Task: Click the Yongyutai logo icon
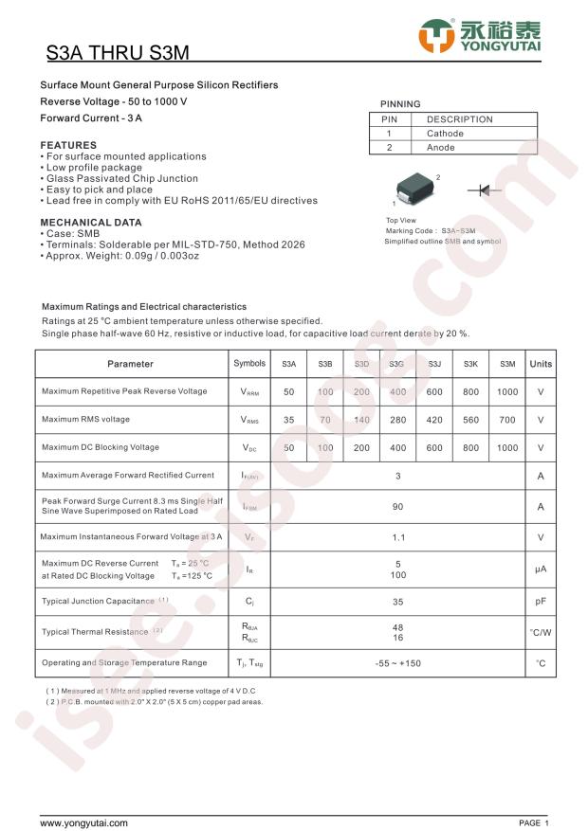437,36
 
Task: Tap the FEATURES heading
68,145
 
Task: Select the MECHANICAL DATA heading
91,223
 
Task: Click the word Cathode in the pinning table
445,134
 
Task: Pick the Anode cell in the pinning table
441,148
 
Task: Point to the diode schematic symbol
484,190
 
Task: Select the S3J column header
434,364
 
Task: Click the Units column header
541,364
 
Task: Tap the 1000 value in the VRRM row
507,391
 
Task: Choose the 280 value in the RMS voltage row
397,420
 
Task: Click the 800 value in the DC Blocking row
470,447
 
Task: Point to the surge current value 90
398,507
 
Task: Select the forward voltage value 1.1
398,537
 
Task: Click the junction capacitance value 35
398,601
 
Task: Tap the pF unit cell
541,601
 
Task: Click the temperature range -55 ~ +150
398,663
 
